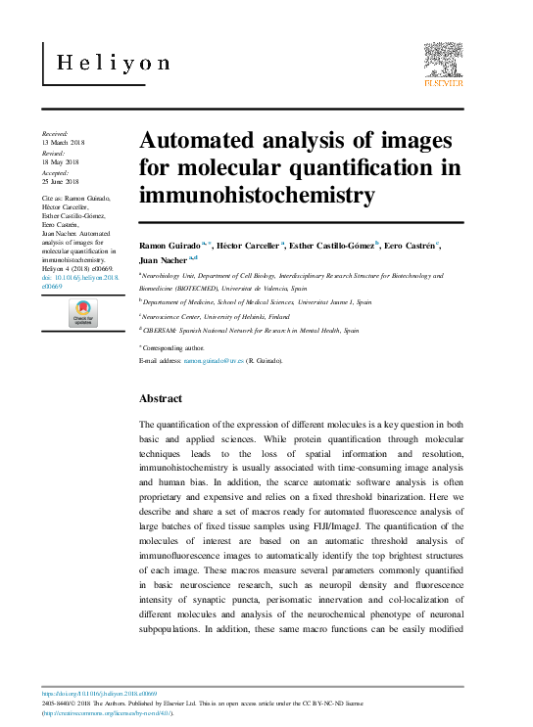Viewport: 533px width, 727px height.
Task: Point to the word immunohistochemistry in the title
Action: pos(257,194)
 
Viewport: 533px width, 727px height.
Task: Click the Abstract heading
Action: pos(161,399)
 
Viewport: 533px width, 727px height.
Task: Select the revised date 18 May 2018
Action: pos(64,163)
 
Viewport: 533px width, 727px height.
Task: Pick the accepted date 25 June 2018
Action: pos(64,183)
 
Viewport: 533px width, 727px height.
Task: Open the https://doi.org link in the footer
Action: pos(101,692)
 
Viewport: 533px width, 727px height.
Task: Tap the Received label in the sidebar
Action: pos(55,133)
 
